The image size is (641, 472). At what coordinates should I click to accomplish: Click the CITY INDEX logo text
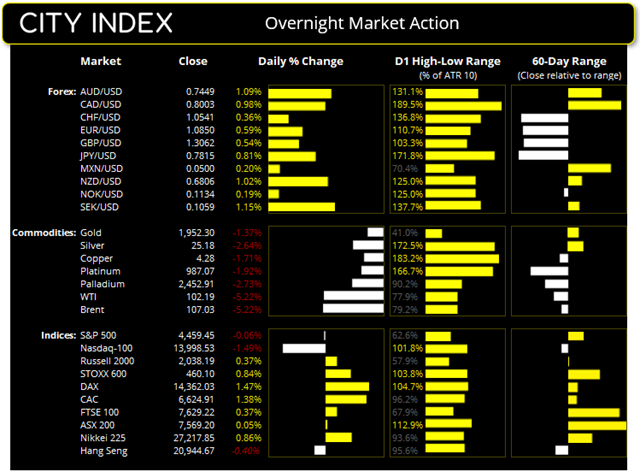pos(96,22)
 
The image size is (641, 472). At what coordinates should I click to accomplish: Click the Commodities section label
pos(43,233)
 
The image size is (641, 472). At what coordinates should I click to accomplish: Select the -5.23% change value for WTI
pos(247,297)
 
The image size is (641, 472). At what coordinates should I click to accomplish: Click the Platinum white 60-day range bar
pos(548,271)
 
